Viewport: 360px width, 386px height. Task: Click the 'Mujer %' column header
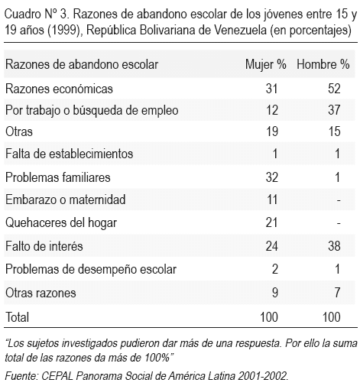266,64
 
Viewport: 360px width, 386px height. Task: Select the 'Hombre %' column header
323,64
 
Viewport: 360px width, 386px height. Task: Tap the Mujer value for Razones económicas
271,89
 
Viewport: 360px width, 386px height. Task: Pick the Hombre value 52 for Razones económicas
334,89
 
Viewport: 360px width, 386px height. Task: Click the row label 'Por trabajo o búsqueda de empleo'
92,111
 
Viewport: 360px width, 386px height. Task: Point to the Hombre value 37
334,110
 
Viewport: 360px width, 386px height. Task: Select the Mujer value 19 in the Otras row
271,131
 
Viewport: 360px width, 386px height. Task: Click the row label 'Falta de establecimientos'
69,154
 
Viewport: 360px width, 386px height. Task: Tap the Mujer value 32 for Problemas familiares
271,177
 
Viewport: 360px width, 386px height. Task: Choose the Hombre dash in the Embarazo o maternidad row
339,200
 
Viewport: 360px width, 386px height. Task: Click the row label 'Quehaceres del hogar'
61,223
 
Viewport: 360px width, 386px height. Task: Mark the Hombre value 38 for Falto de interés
334,246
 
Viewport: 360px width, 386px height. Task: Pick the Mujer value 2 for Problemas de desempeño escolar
275,269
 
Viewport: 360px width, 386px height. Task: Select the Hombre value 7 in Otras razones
337,292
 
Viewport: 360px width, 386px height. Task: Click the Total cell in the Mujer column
269,317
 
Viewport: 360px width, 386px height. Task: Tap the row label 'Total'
17,317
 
